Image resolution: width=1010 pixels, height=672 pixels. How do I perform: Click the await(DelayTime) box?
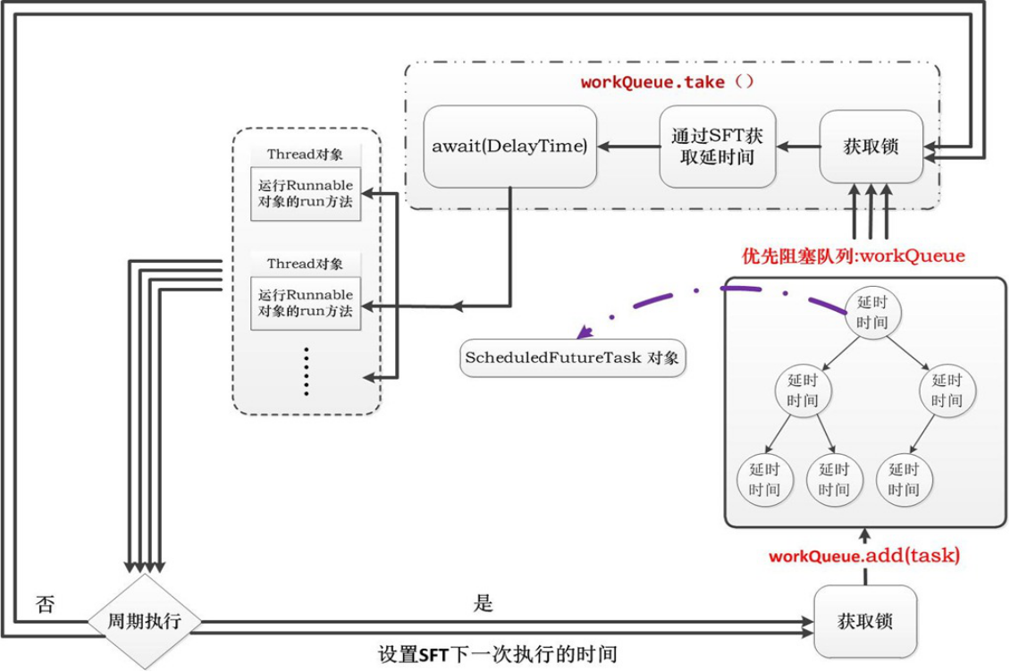[x=509, y=147]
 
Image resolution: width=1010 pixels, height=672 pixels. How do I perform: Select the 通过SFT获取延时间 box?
[x=717, y=147]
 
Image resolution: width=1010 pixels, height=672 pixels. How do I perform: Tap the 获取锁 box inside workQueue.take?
[x=871, y=147]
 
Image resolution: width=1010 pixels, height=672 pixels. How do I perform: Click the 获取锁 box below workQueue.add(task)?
[x=865, y=621]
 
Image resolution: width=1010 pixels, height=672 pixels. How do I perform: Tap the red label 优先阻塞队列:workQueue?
[x=854, y=256]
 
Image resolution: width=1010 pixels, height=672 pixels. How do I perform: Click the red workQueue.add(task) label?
[x=864, y=555]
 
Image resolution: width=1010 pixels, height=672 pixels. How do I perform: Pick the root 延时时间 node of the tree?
[x=871, y=312]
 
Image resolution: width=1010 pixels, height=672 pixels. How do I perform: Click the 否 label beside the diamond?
[x=45, y=604]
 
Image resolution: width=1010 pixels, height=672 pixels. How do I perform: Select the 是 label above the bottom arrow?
[x=483, y=604]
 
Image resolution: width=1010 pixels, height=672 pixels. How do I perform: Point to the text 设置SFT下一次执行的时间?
[x=498, y=654]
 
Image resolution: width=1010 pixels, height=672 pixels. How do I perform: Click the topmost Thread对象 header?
[x=305, y=154]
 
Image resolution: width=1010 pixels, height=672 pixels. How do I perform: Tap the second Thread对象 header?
[x=305, y=264]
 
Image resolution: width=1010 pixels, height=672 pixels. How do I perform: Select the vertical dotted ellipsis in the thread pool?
[x=305, y=371]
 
